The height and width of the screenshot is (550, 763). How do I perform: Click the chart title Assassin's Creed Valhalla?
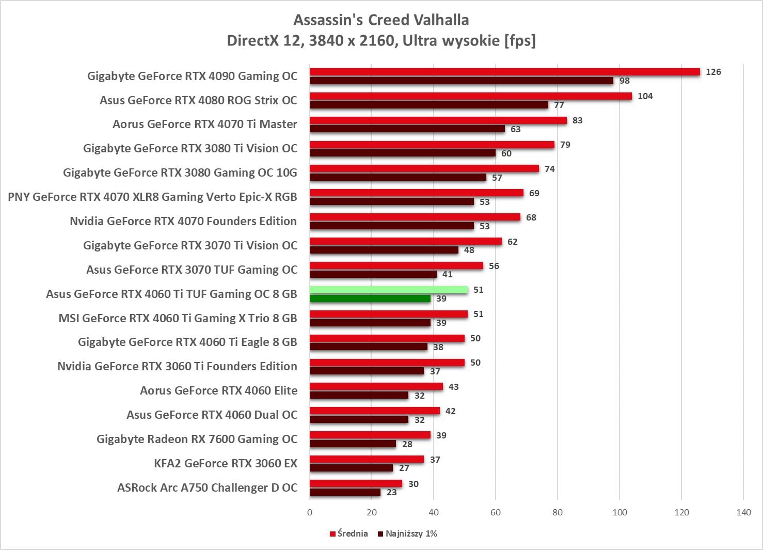pos(381,20)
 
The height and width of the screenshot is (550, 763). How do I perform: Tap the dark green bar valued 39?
pos(370,298)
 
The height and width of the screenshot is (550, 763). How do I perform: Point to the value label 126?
pos(713,72)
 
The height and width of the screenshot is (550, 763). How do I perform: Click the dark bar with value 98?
pos(461,81)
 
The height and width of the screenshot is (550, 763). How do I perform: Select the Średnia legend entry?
pos(349,533)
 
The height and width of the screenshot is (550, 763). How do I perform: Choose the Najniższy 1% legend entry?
pos(408,533)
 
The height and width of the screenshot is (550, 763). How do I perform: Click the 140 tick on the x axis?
pos(743,512)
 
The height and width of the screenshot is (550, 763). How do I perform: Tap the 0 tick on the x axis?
pos(310,512)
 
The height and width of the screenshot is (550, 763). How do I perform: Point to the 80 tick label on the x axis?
pos(558,512)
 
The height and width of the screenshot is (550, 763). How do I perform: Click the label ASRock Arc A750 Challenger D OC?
pos(207,488)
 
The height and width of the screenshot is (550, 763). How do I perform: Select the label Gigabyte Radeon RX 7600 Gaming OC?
pos(197,439)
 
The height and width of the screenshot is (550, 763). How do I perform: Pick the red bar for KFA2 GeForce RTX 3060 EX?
pos(367,459)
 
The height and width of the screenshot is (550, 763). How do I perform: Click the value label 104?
pos(645,96)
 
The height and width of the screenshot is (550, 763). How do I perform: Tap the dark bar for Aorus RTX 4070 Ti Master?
pos(407,129)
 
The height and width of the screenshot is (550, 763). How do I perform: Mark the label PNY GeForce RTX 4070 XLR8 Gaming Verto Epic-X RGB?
pos(152,197)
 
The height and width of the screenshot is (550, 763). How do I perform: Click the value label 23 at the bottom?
pos(392,492)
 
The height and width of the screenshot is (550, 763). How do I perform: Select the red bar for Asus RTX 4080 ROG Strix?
pos(470,96)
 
